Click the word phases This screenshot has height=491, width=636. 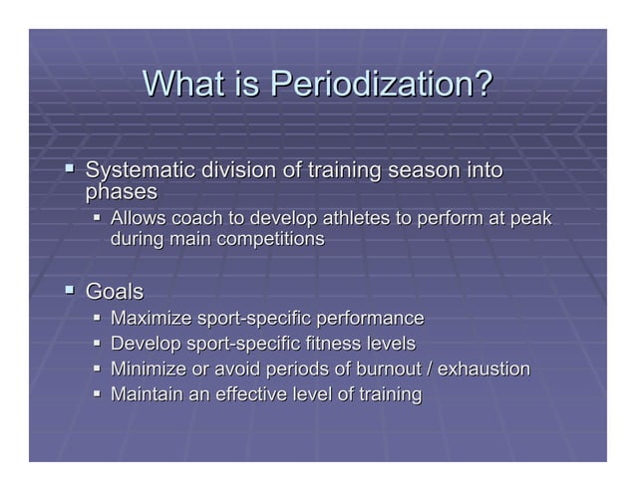pos(122,191)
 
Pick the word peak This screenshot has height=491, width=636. pos(528,219)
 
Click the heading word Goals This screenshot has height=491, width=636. pos(115,293)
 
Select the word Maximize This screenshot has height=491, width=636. pos(151,319)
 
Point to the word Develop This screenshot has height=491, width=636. pos(146,345)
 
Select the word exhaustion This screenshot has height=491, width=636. pos(483,369)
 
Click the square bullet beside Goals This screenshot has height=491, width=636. pos(70,291)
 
